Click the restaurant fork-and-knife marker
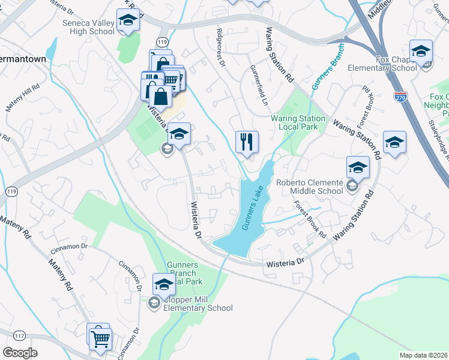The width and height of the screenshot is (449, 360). pos(247,142)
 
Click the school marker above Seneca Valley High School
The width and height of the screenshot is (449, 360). pos(127,21)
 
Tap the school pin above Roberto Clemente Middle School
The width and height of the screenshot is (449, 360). pos(358,168)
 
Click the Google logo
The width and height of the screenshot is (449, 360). pos(20,352)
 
